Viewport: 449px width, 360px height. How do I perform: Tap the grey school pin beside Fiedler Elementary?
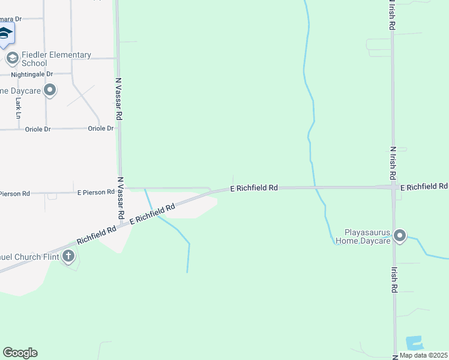point(11,58)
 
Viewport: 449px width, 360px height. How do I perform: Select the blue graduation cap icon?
point(5,34)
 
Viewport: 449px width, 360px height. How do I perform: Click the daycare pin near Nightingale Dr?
point(50,91)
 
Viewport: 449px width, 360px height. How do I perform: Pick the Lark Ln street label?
point(17,108)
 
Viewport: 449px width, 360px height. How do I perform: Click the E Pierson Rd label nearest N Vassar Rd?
point(96,192)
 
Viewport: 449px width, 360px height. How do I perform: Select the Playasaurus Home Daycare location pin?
point(400,236)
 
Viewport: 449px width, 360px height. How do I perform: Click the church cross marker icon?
point(69,257)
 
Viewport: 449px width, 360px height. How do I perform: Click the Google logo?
point(20,353)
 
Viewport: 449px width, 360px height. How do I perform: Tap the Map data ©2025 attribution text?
point(423,355)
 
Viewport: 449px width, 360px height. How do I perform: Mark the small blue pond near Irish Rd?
point(415,343)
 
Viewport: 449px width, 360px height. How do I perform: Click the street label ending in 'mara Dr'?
point(11,19)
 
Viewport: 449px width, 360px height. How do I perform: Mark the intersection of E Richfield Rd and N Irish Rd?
point(393,188)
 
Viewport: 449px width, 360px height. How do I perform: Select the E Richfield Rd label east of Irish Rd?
point(424,187)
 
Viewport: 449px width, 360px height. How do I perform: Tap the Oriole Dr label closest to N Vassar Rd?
point(100,128)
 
